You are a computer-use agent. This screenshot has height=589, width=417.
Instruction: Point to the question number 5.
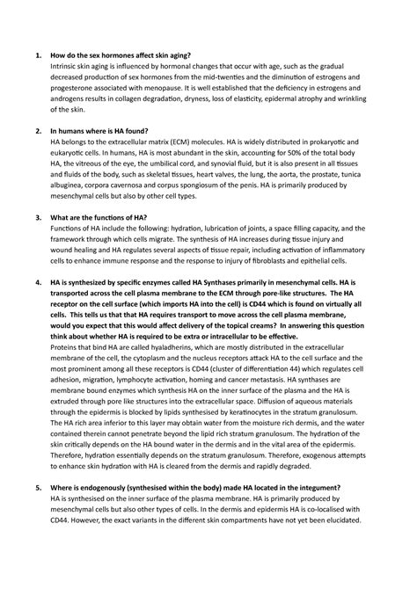click(38, 488)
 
